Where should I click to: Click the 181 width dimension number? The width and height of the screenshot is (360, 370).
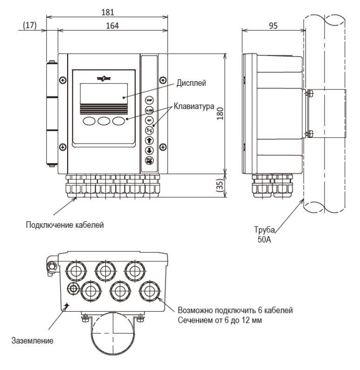pos(108,11)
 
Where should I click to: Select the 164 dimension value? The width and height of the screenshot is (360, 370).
pos(111,26)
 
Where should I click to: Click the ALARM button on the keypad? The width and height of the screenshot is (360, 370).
pos(150,110)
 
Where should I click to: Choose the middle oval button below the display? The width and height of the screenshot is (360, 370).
pos(104,121)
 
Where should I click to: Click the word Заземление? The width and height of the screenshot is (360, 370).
pos(35,341)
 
